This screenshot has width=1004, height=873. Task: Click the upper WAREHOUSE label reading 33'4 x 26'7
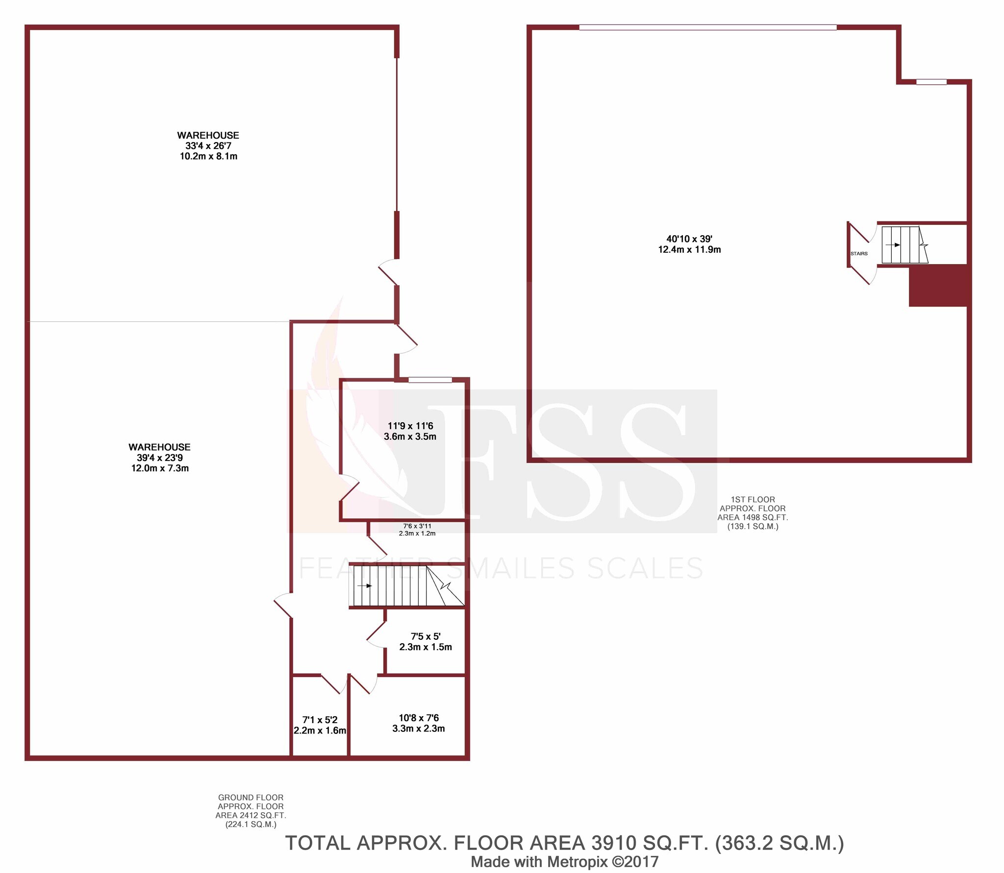click(208, 145)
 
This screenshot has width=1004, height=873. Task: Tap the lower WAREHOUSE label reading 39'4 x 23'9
click(159, 458)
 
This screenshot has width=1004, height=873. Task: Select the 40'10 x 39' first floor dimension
click(689, 244)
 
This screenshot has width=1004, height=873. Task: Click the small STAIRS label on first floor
click(859, 254)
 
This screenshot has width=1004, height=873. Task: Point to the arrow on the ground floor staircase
click(365, 585)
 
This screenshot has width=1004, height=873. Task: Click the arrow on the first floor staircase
click(893, 245)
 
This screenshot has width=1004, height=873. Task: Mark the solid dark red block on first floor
click(938, 286)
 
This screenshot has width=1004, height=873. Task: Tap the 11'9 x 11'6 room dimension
click(410, 431)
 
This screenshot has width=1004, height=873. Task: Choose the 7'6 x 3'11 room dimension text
click(417, 530)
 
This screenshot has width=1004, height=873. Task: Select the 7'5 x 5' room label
click(426, 641)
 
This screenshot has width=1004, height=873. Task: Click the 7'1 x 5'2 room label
click(320, 725)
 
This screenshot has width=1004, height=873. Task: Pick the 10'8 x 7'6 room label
click(419, 723)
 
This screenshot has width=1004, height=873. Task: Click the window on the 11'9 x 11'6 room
click(430, 380)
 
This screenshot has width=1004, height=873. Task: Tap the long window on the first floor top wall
click(707, 27)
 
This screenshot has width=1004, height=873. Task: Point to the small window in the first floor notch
click(931, 82)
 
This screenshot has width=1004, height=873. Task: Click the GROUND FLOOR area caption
click(251, 811)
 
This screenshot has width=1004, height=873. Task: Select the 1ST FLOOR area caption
click(753, 513)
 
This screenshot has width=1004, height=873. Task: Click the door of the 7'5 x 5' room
click(376, 634)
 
